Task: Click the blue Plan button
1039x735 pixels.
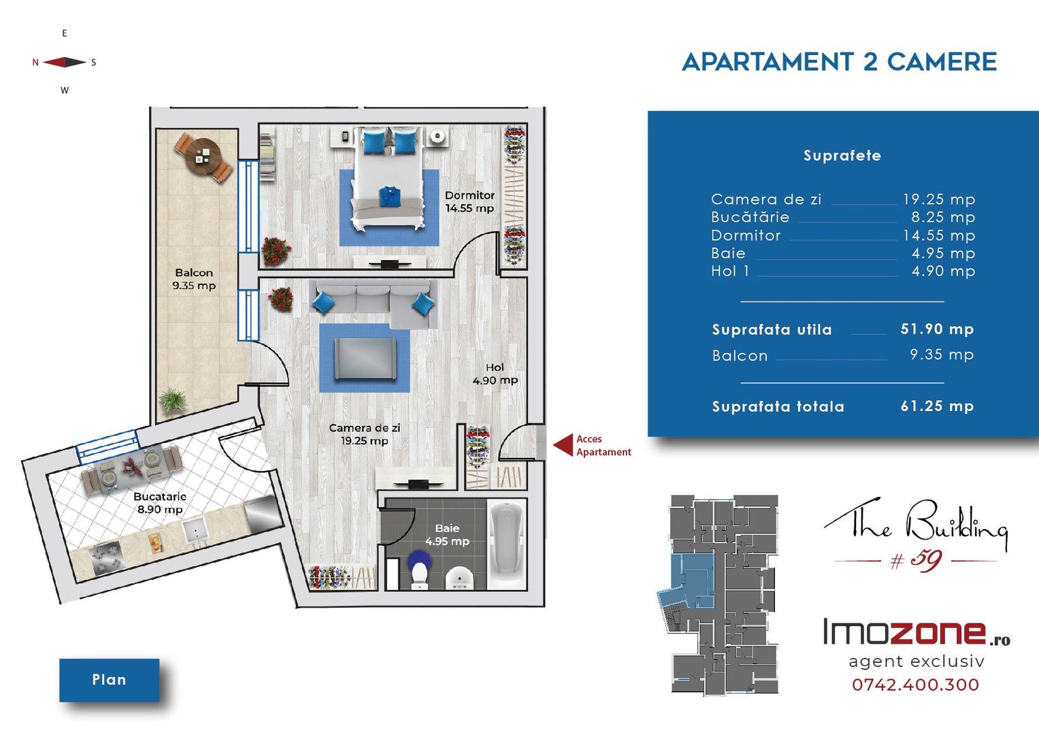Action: (109, 680)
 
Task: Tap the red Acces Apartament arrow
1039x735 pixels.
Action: (563, 446)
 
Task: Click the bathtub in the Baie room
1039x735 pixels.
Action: (508, 542)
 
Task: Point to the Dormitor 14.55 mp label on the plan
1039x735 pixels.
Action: (469, 202)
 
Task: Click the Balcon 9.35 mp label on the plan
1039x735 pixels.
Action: (194, 279)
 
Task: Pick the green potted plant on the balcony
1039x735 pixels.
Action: (172, 399)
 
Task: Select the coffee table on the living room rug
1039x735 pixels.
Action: (365, 358)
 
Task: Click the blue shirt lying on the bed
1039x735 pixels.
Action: (390, 196)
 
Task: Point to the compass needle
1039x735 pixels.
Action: (65, 62)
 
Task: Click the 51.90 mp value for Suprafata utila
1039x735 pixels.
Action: (937, 329)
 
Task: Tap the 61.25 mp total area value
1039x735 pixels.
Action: (937, 406)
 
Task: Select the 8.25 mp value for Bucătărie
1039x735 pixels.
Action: (943, 217)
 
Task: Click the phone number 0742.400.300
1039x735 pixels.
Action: (916, 685)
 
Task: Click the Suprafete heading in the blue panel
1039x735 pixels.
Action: (842, 155)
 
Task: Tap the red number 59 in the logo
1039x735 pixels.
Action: (925, 561)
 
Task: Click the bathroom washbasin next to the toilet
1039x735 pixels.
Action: (459, 578)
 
